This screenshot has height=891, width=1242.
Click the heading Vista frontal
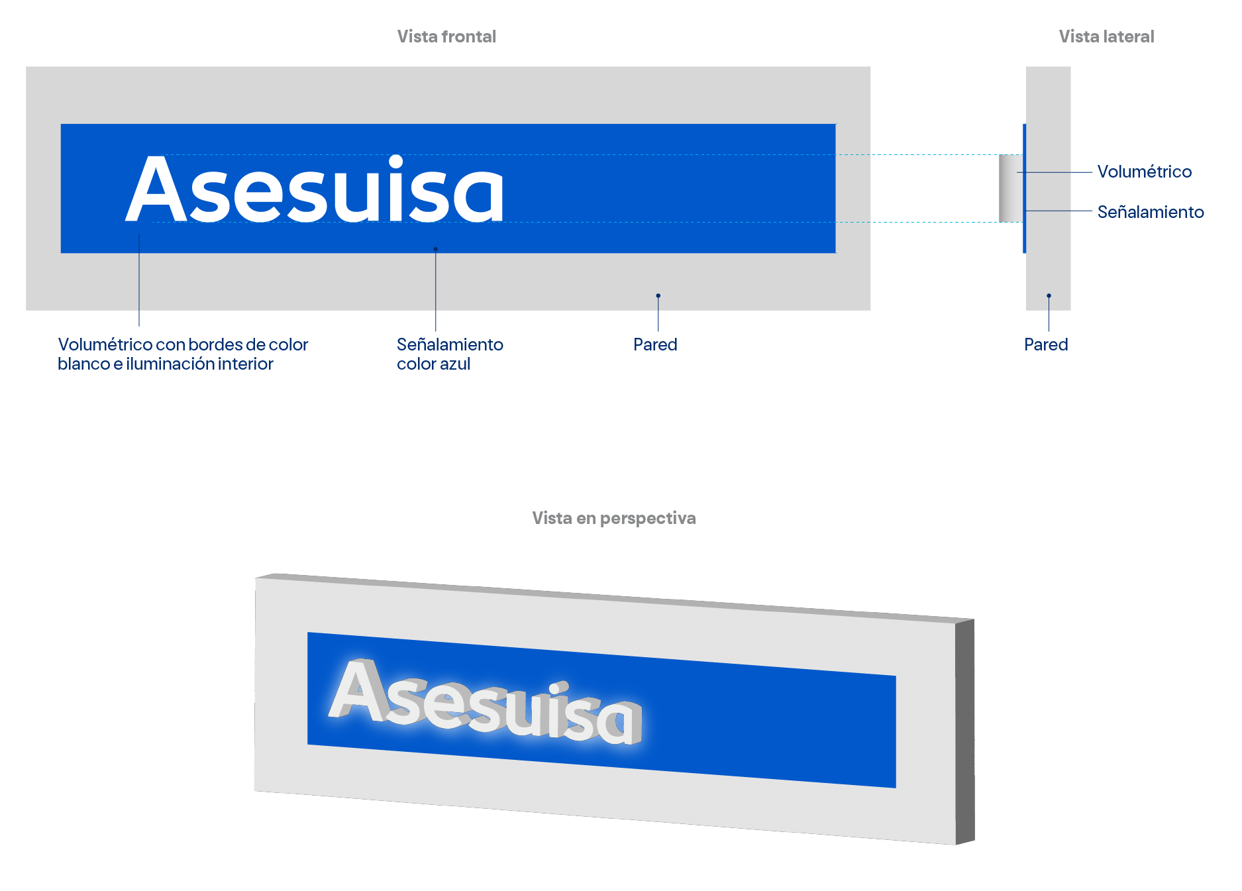tap(446, 36)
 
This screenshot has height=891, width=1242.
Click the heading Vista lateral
tap(1106, 36)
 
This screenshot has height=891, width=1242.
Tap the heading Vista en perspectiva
tap(614, 518)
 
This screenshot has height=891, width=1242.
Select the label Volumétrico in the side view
tap(1144, 172)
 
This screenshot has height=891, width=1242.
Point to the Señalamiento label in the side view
tap(1151, 212)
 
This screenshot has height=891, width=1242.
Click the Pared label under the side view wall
tap(1046, 344)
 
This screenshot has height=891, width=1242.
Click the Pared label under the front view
tap(655, 344)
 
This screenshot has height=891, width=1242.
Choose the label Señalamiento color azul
tap(450, 354)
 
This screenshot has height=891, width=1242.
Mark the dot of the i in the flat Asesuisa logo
tap(396, 162)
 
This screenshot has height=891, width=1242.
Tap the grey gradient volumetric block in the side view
tap(1011, 188)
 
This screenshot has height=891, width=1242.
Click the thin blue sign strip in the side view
tap(1024, 188)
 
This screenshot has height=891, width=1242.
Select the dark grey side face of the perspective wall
tap(965, 731)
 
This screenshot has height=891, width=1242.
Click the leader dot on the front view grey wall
tap(658, 295)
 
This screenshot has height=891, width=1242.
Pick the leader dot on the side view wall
tap(1049, 295)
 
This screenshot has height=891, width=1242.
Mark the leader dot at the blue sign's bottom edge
tap(435, 249)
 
